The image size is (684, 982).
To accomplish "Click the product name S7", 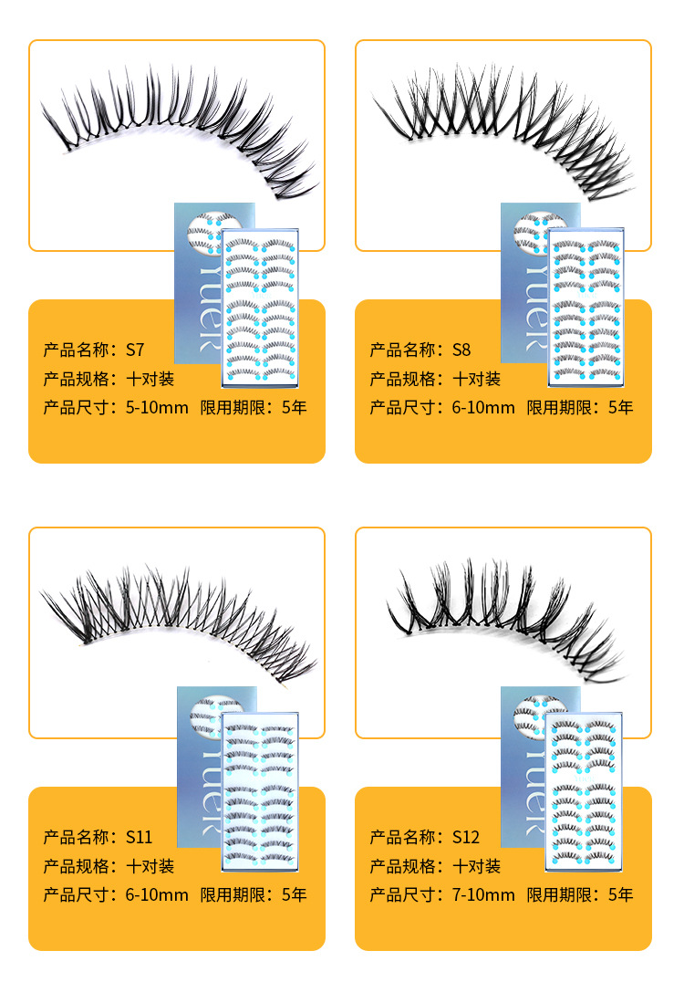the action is tap(135, 350).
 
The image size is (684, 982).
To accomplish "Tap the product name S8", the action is tap(461, 350).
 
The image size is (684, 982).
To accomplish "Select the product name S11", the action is tap(139, 837).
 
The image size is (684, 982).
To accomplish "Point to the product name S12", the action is tap(465, 837).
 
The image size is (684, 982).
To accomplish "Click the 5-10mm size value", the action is tap(156, 407).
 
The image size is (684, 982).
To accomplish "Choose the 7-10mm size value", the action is tap(482, 894).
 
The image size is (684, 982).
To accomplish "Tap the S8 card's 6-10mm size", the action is tap(482, 407).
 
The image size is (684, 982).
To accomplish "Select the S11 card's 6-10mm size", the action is tap(156, 894).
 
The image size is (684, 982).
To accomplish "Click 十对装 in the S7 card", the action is tap(150, 379).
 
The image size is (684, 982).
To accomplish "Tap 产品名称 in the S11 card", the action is tap(76, 837).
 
